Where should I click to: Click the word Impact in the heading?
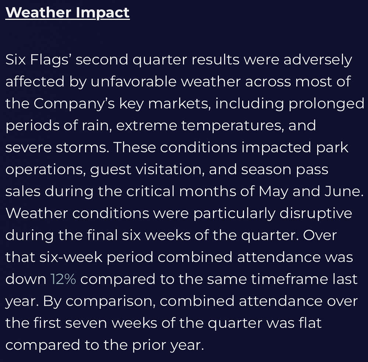103,13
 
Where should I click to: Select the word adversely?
318,60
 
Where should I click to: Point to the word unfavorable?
134,81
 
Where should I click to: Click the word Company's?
74,104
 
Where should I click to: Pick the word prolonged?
326,104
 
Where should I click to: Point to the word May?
273,191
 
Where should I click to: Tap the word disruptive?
316,213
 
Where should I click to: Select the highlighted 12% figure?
63,279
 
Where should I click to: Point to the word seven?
86,323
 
